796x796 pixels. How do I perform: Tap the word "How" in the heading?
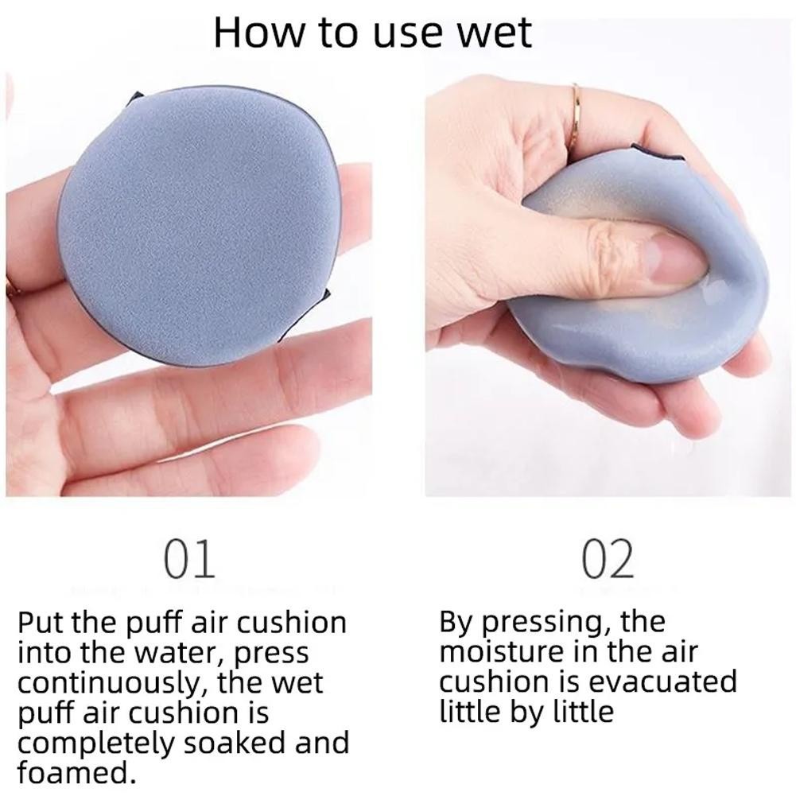260,33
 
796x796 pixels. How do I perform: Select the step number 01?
190,559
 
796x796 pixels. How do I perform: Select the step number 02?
608,559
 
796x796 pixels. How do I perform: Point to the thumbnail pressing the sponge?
676,259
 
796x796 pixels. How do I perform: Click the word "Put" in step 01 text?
41,623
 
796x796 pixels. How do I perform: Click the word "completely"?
96,744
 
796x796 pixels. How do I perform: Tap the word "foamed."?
77,773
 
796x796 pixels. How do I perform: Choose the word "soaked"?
235,744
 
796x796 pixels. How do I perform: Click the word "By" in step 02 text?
457,623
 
